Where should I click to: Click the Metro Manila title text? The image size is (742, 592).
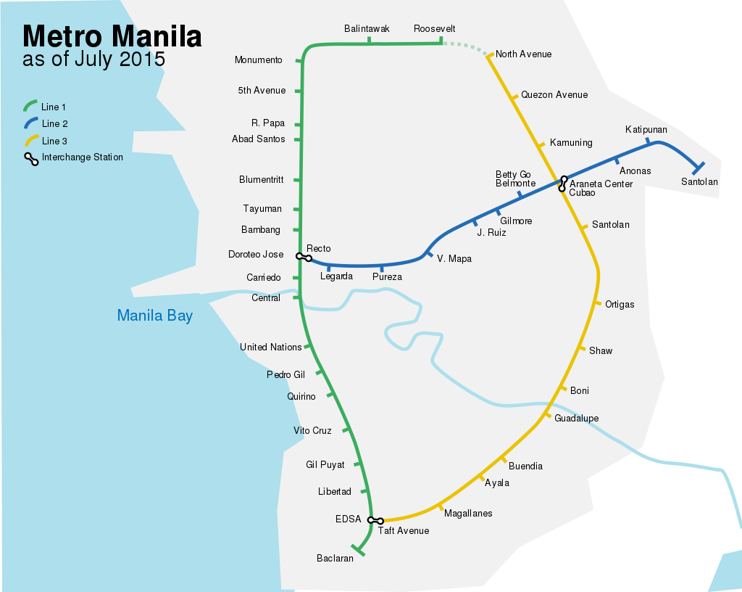pos(112,36)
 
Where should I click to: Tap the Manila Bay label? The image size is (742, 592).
pos(154,316)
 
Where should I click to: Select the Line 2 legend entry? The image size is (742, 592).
pos(54,124)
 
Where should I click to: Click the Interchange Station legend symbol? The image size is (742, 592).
pos(32,160)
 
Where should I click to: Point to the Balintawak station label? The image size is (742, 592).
pos(367,29)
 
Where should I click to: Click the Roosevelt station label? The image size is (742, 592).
pos(434,29)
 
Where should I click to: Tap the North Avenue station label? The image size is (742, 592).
pos(523,54)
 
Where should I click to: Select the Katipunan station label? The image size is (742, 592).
pos(646,130)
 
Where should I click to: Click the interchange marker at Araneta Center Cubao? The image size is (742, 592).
pos(562,184)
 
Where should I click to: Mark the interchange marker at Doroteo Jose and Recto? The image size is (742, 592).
pos(304,257)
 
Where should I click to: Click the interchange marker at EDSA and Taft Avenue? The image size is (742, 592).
pos(375,520)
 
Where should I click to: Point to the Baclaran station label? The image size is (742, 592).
pos(335,559)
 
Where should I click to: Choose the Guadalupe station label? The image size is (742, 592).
pos(576,419)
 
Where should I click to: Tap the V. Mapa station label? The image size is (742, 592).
pos(454,259)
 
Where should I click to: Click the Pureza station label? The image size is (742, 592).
pos(387,277)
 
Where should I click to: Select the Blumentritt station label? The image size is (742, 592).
pos(261,180)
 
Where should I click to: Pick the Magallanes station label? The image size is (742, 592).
pos(468,514)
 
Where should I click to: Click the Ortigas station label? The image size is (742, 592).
pos(620,305)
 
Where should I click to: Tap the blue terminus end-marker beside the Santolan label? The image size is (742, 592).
pos(698,168)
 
